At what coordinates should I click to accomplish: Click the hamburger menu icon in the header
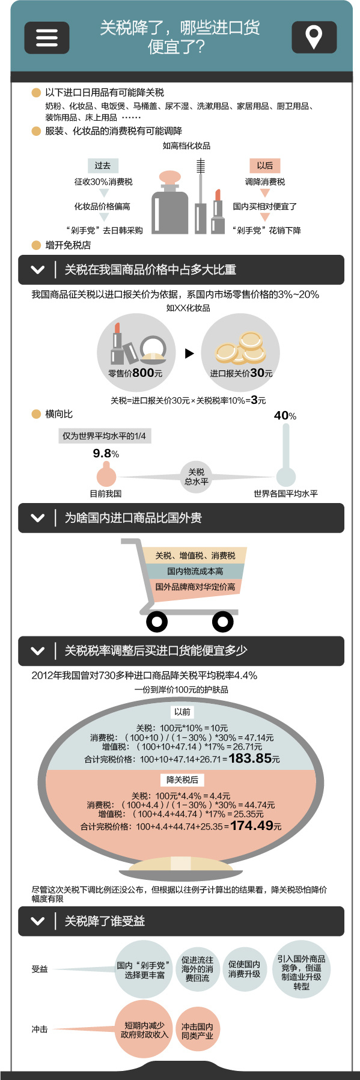click(x=47, y=38)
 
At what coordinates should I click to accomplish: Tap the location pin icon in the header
click(x=314, y=37)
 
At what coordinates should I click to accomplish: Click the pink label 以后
click(x=265, y=165)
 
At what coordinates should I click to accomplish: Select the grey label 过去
click(x=103, y=165)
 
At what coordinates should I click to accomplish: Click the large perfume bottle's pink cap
click(x=169, y=178)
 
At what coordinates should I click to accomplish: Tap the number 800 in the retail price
click(x=143, y=373)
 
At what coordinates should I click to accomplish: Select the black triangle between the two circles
click(x=189, y=353)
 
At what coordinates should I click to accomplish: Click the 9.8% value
click(x=106, y=454)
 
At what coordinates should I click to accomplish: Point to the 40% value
click(x=285, y=416)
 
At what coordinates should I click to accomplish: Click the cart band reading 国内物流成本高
click(x=195, y=571)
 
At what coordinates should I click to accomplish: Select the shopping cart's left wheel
click(x=157, y=621)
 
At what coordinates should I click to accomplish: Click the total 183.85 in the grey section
click(x=251, y=758)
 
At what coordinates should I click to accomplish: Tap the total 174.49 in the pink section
click(x=252, y=826)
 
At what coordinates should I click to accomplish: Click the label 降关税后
click(x=182, y=779)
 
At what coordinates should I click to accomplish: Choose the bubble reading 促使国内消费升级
click(x=244, y=969)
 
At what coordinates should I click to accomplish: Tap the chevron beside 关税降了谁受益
click(x=37, y=921)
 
